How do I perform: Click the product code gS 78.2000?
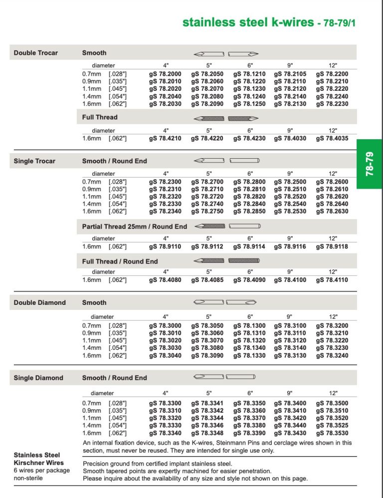click(x=165, y=73)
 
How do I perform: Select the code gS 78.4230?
click(x=249, y=138)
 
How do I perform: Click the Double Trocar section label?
click(x=36, y=52)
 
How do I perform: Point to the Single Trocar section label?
click(x=35, y=161)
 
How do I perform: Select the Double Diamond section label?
click(x=40, y=302)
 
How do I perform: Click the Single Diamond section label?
click(x=38, y=378)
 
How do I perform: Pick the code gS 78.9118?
click(x=332, y=247)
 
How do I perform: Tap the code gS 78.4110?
click(x=332, y=280)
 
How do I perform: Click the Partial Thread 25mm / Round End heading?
click(x=135, y=227)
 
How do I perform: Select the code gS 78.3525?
click(x=332, y=426)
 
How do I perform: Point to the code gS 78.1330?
click(x=249, y=356)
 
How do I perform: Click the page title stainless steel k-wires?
click(x=248, y=22)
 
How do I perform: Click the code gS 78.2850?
click(x=249, y=212)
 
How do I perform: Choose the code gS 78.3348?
click(x=207, y=433)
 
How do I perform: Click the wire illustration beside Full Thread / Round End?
click(x=227, y=261)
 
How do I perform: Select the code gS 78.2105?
click(x=290, y=73)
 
